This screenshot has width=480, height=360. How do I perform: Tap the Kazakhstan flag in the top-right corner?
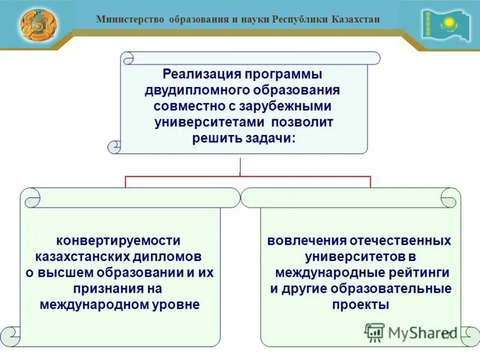445,25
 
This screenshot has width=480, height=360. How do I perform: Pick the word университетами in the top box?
205,122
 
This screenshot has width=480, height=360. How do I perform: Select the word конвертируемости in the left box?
118,241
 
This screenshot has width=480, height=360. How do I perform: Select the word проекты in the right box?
360,305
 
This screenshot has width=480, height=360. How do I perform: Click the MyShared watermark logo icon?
375,332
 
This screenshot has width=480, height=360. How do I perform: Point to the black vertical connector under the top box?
240,166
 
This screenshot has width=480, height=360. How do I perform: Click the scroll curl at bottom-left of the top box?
114,146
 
